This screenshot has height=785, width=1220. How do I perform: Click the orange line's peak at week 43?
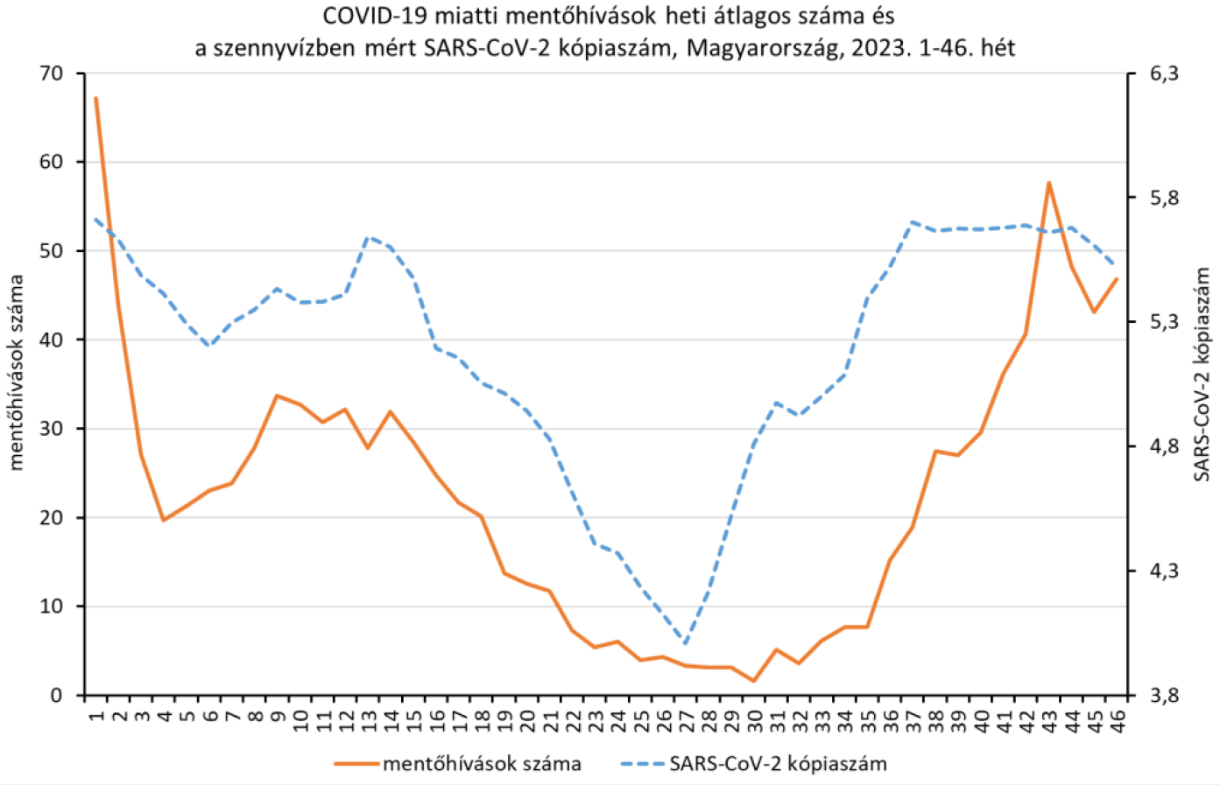[x=1048, y=183]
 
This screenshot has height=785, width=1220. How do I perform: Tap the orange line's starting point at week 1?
[x=96, y=98]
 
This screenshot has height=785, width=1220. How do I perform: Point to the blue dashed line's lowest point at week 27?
[x=685, y=643]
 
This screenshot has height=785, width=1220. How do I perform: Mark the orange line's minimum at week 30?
[x=753, y=681]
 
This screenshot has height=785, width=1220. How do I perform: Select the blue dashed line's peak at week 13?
[x=368, y=237]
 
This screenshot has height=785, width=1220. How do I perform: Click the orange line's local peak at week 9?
[x=277, y=396]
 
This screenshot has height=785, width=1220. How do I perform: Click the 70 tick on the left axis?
[x=52, y=74]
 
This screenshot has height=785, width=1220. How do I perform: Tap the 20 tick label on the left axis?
[x=52, y=517]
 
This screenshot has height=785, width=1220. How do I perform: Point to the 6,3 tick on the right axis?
[x=1164, y=74]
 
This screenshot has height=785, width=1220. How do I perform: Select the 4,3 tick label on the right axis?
[x=1164, y=571]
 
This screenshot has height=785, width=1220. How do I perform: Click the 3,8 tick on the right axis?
[x=1164, y=696]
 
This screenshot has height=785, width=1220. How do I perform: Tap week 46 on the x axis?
[x=1116, y=719]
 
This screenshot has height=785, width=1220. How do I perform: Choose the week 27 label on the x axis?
[x=686, y=719]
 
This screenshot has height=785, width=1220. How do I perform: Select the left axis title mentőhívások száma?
[x=16, y=373]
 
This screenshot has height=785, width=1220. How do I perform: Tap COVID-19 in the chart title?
[x=363, y=17]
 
